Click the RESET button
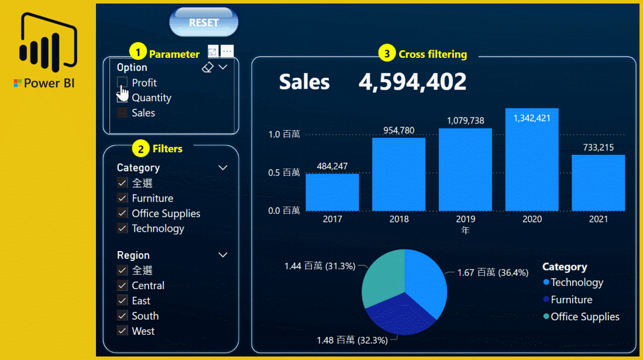(204, 23)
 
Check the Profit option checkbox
(122, 83)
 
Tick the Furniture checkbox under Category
(122, 198)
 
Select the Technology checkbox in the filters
(122, 229)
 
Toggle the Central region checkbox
(122, 286)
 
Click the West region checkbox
(122, 331)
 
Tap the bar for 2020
(532, 161)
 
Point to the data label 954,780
(398, 130)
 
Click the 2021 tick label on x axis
(598, 219)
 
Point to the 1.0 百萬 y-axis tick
(283, 135)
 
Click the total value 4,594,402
(412, 83)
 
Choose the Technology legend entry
(576, 283)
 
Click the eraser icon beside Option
(207, 68)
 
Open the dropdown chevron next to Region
(223, 255)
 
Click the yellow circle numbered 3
(386, 54)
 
